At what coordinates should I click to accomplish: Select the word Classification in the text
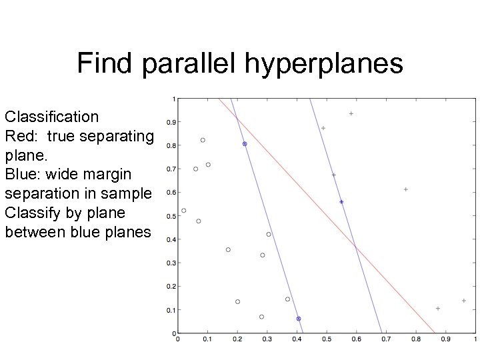51,117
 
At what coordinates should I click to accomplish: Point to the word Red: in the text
21,137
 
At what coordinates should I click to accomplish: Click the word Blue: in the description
23,175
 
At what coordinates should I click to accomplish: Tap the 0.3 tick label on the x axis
266,339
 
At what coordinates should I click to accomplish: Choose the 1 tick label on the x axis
475,339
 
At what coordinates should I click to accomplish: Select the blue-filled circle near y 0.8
245,144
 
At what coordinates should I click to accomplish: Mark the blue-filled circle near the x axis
299,319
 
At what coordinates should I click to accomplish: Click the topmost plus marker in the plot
351,113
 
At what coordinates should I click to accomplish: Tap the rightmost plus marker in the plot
464,301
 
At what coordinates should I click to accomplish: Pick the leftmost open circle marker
184,211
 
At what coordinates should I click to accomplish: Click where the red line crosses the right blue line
355,247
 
